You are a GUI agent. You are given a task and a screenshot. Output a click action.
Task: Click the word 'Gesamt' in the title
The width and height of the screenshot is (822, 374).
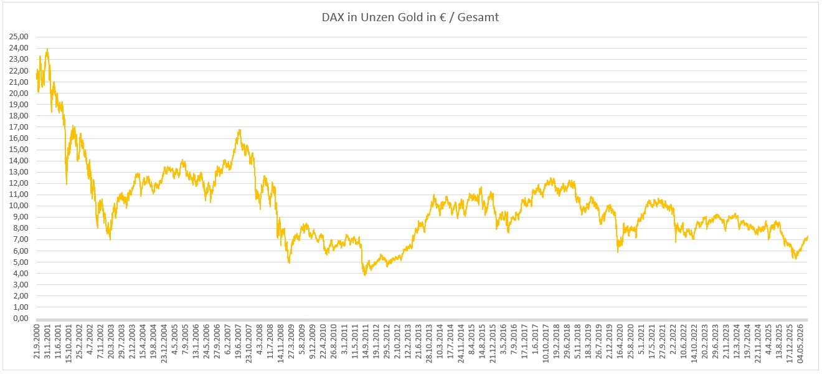pos(478,17)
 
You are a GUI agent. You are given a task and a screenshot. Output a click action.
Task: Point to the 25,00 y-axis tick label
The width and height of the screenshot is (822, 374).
pos(19,37)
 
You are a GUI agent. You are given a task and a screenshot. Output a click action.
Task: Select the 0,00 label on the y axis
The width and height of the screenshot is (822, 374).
pos(21,319)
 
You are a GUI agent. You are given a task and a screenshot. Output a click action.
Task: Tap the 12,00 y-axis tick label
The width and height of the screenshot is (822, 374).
pos(19,183)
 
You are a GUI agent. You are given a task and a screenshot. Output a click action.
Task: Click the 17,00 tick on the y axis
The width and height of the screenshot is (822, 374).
pos(19,127)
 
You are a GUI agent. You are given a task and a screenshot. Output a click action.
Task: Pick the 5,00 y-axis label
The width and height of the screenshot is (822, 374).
pos(21,262)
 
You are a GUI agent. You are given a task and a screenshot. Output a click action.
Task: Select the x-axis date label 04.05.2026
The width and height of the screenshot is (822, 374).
pos(800,343)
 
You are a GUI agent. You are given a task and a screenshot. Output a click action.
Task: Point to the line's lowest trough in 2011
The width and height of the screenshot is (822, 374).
pos(365,275)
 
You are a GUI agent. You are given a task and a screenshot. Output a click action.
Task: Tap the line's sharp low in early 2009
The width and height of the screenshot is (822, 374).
pos(289,262)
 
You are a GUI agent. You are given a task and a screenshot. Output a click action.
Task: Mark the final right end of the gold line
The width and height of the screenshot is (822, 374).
pos(808,237)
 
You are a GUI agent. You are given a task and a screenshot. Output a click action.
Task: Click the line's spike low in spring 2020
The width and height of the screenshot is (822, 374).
pos(618,252)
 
